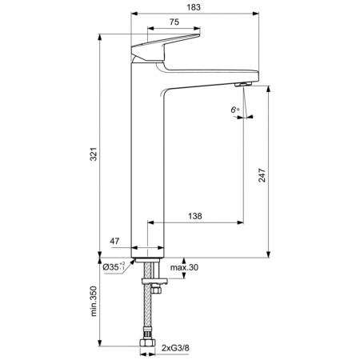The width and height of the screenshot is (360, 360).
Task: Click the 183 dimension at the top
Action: pyautogui.click(x=194, y=7)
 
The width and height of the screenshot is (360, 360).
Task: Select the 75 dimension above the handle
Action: pyautogui.click(x=174, y=22)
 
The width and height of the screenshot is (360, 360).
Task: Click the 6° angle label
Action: pyautogui.click(x=234, y=108)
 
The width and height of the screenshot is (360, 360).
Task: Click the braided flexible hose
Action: pyautogui.click(x=148, y=316)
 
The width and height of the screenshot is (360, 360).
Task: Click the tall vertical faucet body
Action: pyautogui.click(x=148, y=160)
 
